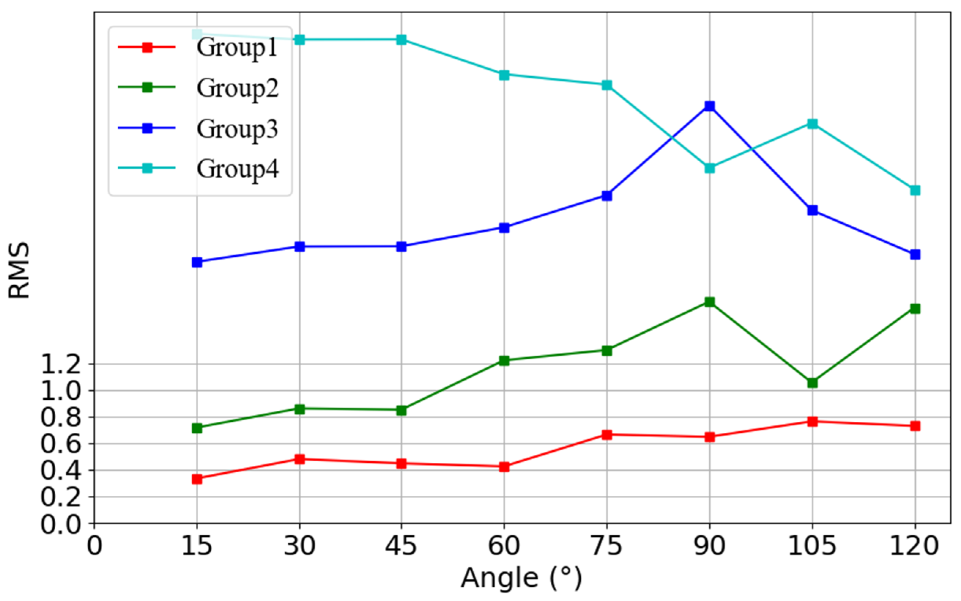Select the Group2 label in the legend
pos(237,88)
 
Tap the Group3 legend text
pos(237,129)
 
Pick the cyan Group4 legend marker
pos(147,168)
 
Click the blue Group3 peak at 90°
pos(710,106)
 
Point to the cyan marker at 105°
pos(813,124)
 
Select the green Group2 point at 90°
pos(710,302)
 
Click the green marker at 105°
pos(813,383)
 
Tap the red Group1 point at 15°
pos(197,479)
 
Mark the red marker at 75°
pos(607,435)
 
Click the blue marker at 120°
pos(915,254)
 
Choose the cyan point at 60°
pos(504,75)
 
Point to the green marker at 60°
pos(504,360)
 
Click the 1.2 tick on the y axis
pos(61,364)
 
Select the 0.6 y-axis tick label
pos(61,444)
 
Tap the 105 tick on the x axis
pos(813,546)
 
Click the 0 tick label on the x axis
pos(95,546)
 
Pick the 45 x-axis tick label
pos(401,546)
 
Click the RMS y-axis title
pos(19,270)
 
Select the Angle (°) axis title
pos(521,578)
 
